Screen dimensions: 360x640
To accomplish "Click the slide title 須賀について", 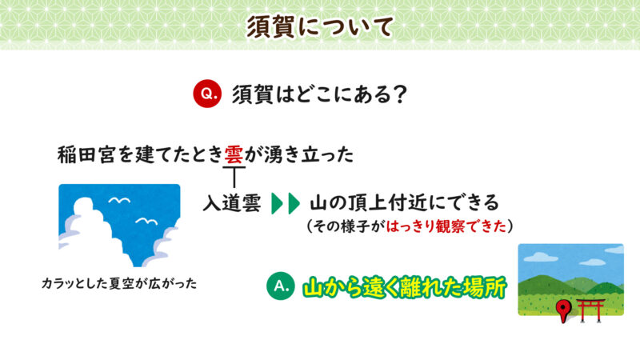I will coord(319,26).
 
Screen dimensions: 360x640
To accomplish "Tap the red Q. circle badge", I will coord(206,94).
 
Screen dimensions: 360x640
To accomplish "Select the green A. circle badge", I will coord(280,286).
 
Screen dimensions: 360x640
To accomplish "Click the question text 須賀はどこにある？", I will coord(319,94).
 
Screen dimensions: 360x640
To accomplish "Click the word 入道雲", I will coord(231,202).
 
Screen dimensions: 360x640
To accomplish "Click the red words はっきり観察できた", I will coord(445,226).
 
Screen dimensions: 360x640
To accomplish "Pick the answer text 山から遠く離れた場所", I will coord(404,287).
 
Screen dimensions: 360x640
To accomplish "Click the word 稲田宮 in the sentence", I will coord(85,154).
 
